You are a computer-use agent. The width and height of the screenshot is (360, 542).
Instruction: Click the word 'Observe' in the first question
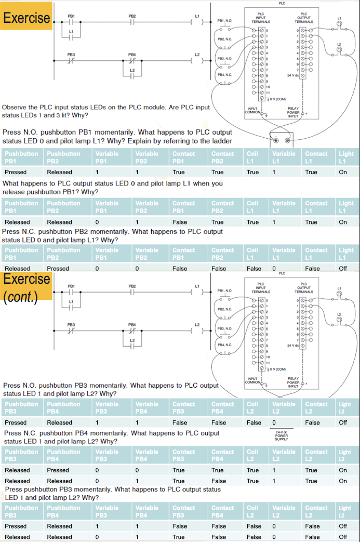point(16,107)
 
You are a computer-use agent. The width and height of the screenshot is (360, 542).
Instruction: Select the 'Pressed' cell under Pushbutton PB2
point(58,269)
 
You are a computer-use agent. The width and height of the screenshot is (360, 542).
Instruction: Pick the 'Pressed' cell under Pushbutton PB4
point(58,470)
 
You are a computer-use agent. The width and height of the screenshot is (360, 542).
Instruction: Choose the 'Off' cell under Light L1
point(343,269)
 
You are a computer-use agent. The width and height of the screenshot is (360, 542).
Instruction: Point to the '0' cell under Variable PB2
point(137,269)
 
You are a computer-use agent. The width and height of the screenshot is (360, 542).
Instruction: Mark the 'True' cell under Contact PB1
point(179,172)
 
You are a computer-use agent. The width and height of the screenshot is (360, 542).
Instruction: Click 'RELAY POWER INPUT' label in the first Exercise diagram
point(294,112)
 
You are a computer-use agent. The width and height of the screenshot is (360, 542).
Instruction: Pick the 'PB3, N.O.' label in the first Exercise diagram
point(224,59)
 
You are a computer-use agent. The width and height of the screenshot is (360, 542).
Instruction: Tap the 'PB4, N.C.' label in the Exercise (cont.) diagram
point(224,345)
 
